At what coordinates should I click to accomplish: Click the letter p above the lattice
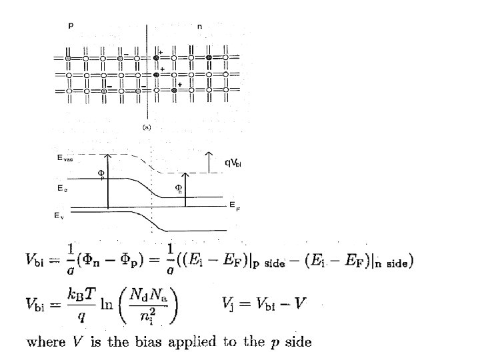71,26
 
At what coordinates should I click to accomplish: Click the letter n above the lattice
200,27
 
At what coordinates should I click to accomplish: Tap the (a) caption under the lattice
145,126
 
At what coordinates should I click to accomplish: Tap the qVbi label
232,162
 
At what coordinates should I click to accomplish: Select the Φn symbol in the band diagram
179,188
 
